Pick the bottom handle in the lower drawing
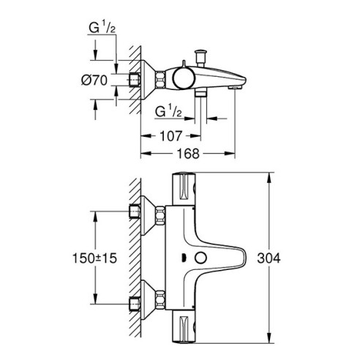(x=186, y=329)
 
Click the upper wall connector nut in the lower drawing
(x=135, y=213)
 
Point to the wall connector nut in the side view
(x=135, y=80)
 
